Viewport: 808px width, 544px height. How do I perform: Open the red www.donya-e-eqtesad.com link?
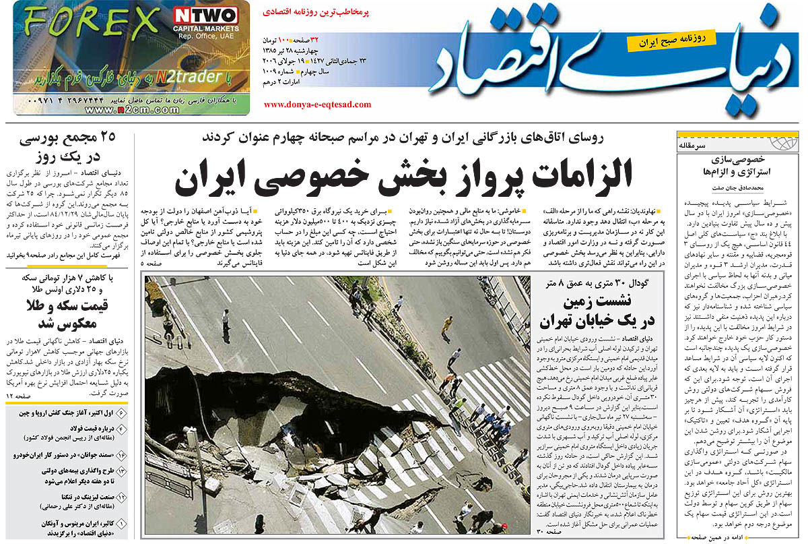(x=317, y=104)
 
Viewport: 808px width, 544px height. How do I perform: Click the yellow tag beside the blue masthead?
(x=670, y=41)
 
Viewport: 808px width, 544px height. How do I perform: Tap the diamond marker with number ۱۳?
(x=122, y=477)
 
